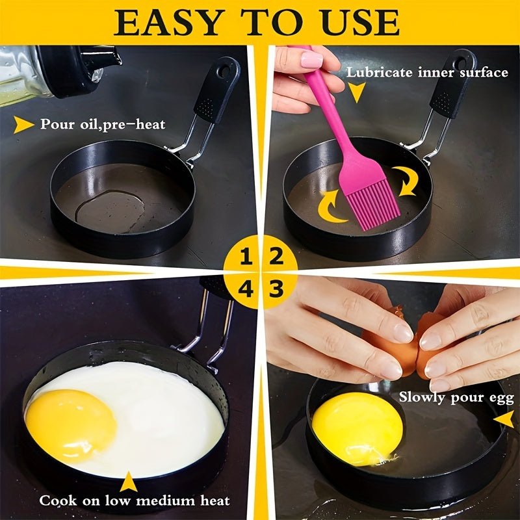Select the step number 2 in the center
coord(276,257)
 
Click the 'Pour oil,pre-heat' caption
coord(103,123)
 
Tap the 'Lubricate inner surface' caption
coord(426,72)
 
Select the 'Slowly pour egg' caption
coord(456,396)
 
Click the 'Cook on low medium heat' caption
coord(134,500)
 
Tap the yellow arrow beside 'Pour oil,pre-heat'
coord(23,123)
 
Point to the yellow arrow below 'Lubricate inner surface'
coord(356,94)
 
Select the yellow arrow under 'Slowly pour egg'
coord(503,420)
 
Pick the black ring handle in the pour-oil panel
coord(217,91)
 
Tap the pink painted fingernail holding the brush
coord(311,60)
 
